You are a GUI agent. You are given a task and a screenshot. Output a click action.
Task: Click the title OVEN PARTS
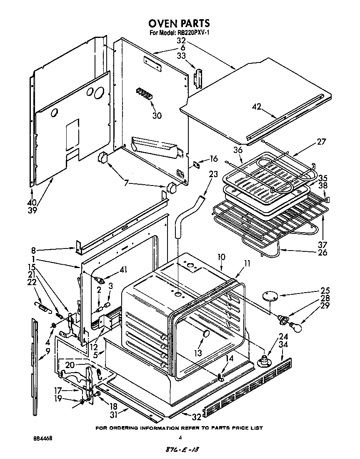[180, 23]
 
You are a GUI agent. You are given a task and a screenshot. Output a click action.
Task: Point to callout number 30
[157, 116]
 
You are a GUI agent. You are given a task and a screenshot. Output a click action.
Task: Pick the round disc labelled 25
[271, 296]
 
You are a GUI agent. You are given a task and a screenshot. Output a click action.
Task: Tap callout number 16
[213, 158]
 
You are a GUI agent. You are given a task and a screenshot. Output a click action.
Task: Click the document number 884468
[43, 439]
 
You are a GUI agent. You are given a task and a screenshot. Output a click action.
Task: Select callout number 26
[322, 252]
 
